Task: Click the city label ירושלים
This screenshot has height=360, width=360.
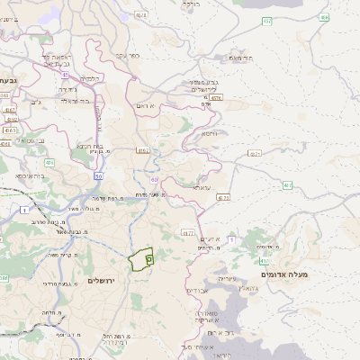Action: pyautogui.click(x=104, y=281)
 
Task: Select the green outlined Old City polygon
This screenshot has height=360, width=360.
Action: pyautogui.click(x=140, y=260)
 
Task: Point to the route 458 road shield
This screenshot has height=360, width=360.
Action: pyautogui.click(x=267, y=20)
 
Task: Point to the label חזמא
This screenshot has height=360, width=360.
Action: pyautogui.click(x=209, y=133)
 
